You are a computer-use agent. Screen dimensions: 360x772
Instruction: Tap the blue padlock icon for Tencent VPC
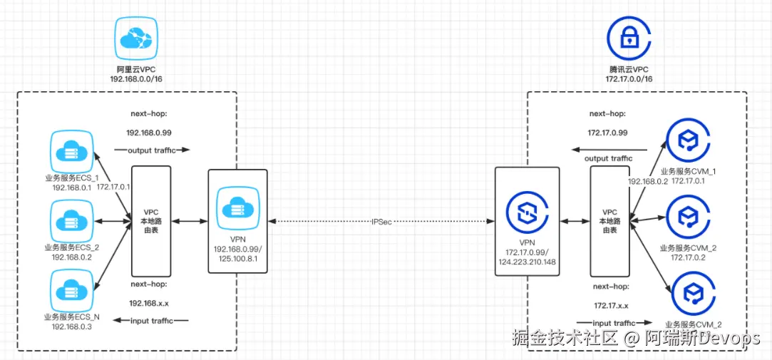click(628, 38)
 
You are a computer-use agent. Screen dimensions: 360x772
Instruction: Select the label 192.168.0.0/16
click(135, 78)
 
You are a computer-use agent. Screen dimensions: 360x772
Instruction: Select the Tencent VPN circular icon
click(527, 212)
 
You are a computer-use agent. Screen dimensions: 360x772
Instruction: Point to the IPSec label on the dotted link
click(381, 222)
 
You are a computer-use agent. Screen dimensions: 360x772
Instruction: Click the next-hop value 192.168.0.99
click(149, 133)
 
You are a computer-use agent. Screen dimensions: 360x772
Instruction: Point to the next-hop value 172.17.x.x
click(611, 305)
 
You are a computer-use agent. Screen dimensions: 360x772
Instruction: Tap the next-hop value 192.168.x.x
click(149, 303)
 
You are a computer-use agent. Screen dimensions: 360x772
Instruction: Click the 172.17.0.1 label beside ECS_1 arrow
click(113, 186)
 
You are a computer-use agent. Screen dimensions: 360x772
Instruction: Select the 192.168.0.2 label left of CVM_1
click(647, 182)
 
